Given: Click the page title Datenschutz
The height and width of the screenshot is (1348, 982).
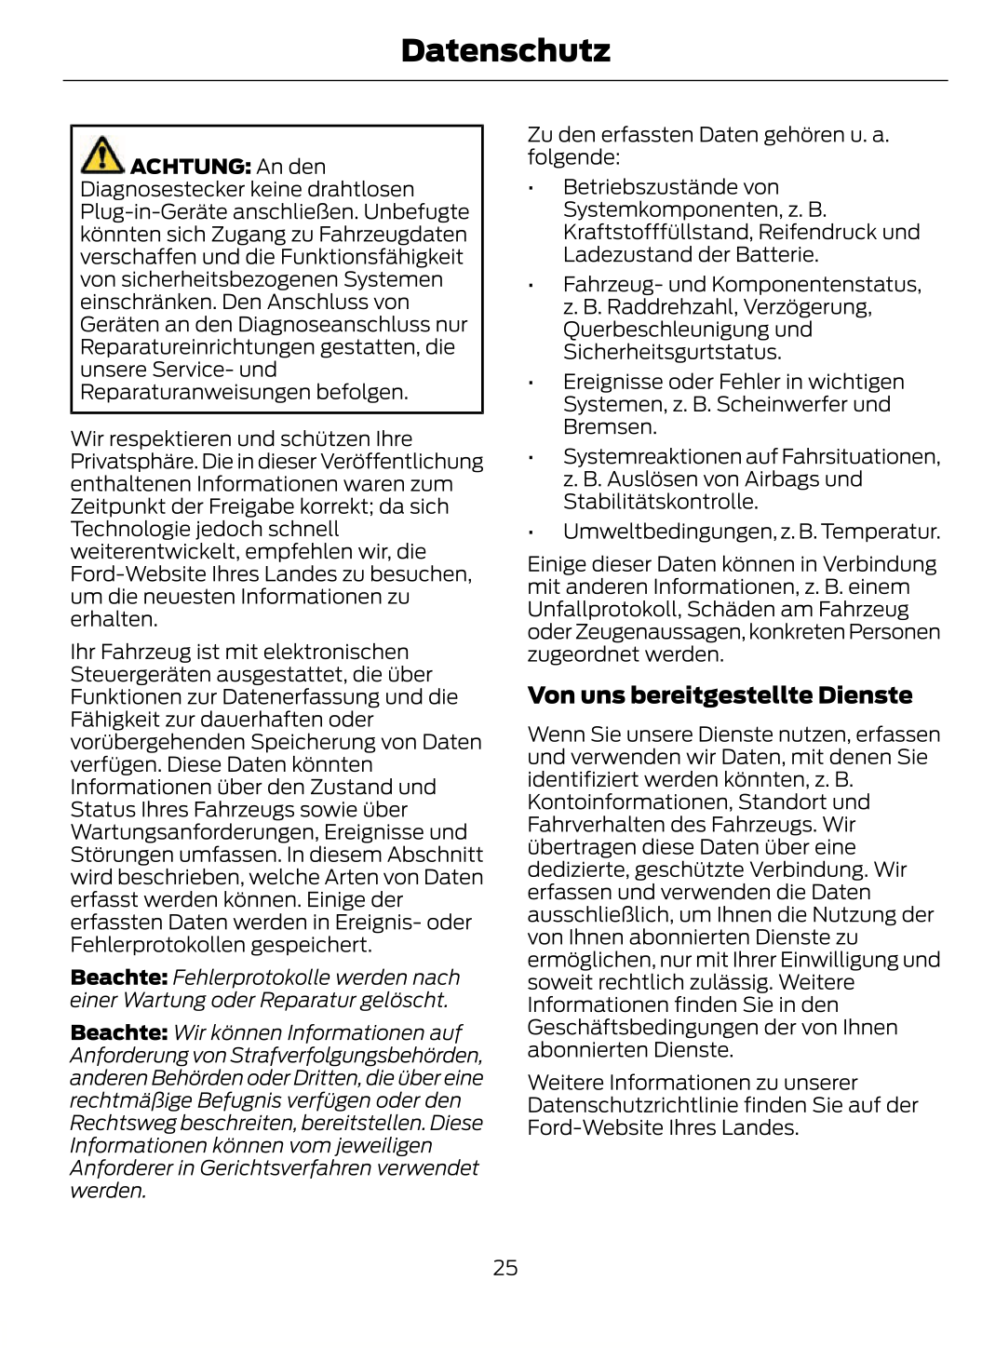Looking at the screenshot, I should (505, 50).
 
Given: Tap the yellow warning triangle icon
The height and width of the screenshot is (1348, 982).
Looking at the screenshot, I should (101, 155).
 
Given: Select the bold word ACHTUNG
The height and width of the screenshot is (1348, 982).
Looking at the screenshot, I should (190, 167).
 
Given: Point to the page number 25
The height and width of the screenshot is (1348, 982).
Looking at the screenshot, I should (505, 1267).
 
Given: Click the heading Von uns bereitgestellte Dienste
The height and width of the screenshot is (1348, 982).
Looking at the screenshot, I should (720, 695).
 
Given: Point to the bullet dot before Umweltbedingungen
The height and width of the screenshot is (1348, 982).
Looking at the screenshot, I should (530, 533).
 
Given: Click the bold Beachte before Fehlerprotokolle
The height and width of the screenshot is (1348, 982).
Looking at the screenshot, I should (118, 978).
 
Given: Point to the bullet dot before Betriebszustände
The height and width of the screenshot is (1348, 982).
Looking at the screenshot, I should (530, 189).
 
